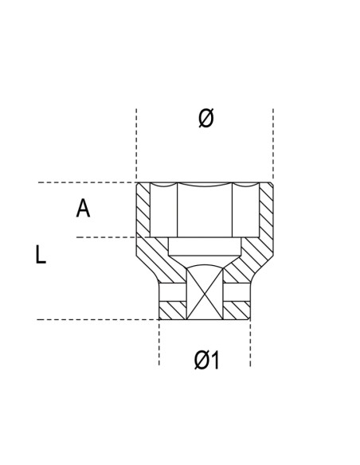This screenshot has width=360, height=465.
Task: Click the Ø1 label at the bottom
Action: pyautogui.click(x=206, y=360)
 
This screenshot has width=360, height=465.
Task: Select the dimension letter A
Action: pyautogui.click(x=83, y=209)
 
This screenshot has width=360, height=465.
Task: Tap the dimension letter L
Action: pyautogui.click(x=41, y=255)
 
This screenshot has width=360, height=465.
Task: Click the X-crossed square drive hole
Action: pyautogui.click(x=205, y=295)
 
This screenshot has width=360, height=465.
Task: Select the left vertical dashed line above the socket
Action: pyautogui.click(x=136, y=143)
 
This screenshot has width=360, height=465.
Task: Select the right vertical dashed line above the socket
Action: pyautogui.click(x=273, y=143)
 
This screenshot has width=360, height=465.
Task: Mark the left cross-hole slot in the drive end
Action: pyautogui.click(x=172, y=292)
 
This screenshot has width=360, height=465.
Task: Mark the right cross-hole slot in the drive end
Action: pyautogui.click(x=237, y=292)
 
